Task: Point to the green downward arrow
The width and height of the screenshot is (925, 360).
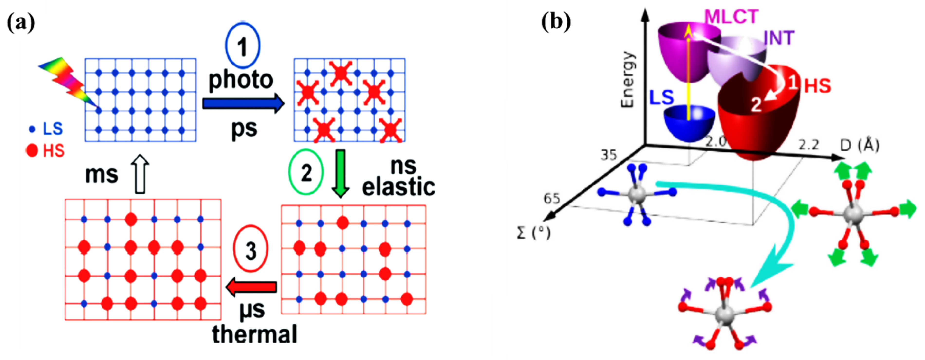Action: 340,173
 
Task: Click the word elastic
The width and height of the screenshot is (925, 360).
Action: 398,187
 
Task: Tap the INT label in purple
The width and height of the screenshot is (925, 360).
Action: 778,38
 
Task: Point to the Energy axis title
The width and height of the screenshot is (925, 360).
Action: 628,79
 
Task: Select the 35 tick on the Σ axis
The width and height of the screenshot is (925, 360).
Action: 609,155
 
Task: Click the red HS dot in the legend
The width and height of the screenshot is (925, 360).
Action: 32,150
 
